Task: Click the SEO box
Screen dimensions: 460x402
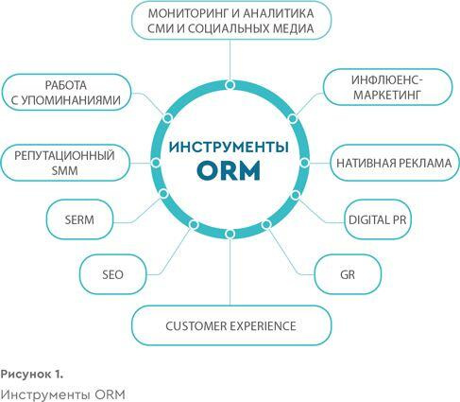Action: (112, 274)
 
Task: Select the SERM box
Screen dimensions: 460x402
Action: (79, 219)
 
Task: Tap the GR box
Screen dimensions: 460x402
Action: (348, 274)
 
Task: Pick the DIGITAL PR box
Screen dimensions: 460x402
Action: (378, 219)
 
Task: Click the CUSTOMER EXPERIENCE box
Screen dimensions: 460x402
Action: (231, 325)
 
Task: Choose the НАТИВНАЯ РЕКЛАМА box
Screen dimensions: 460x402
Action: (395, 163)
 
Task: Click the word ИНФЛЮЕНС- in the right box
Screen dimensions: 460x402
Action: (387, 79)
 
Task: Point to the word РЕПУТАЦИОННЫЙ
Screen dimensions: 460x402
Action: (64, 155)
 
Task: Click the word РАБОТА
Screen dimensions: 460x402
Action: (66, 85)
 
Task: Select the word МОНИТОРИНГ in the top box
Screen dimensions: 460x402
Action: (192, 13)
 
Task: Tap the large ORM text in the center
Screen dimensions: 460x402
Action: (229, 170)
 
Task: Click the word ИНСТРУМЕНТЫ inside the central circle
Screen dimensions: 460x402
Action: (229, 148)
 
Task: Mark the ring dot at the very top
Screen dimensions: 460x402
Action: (230, 85)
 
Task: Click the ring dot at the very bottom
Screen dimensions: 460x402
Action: (230, 234)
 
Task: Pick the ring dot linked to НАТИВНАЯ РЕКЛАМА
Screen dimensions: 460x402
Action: (304, 163)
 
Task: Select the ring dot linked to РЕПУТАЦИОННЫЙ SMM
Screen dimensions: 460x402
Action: (156, 163)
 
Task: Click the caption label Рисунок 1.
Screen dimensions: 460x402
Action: (32, 375)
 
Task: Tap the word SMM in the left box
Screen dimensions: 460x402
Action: (64, 170)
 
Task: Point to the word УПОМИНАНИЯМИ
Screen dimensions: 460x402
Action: (66, 100)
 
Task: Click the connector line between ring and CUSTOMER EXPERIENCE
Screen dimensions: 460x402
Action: (230, 272)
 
